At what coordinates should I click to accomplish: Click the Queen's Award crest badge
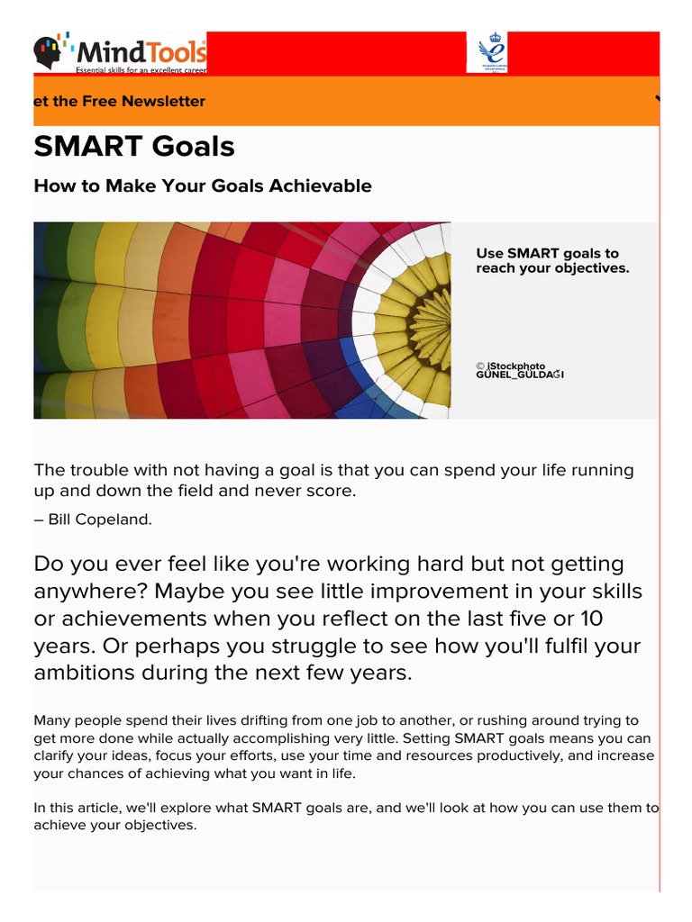487,52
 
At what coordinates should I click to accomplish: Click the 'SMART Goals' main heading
134,147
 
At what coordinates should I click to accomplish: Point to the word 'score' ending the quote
334,492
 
